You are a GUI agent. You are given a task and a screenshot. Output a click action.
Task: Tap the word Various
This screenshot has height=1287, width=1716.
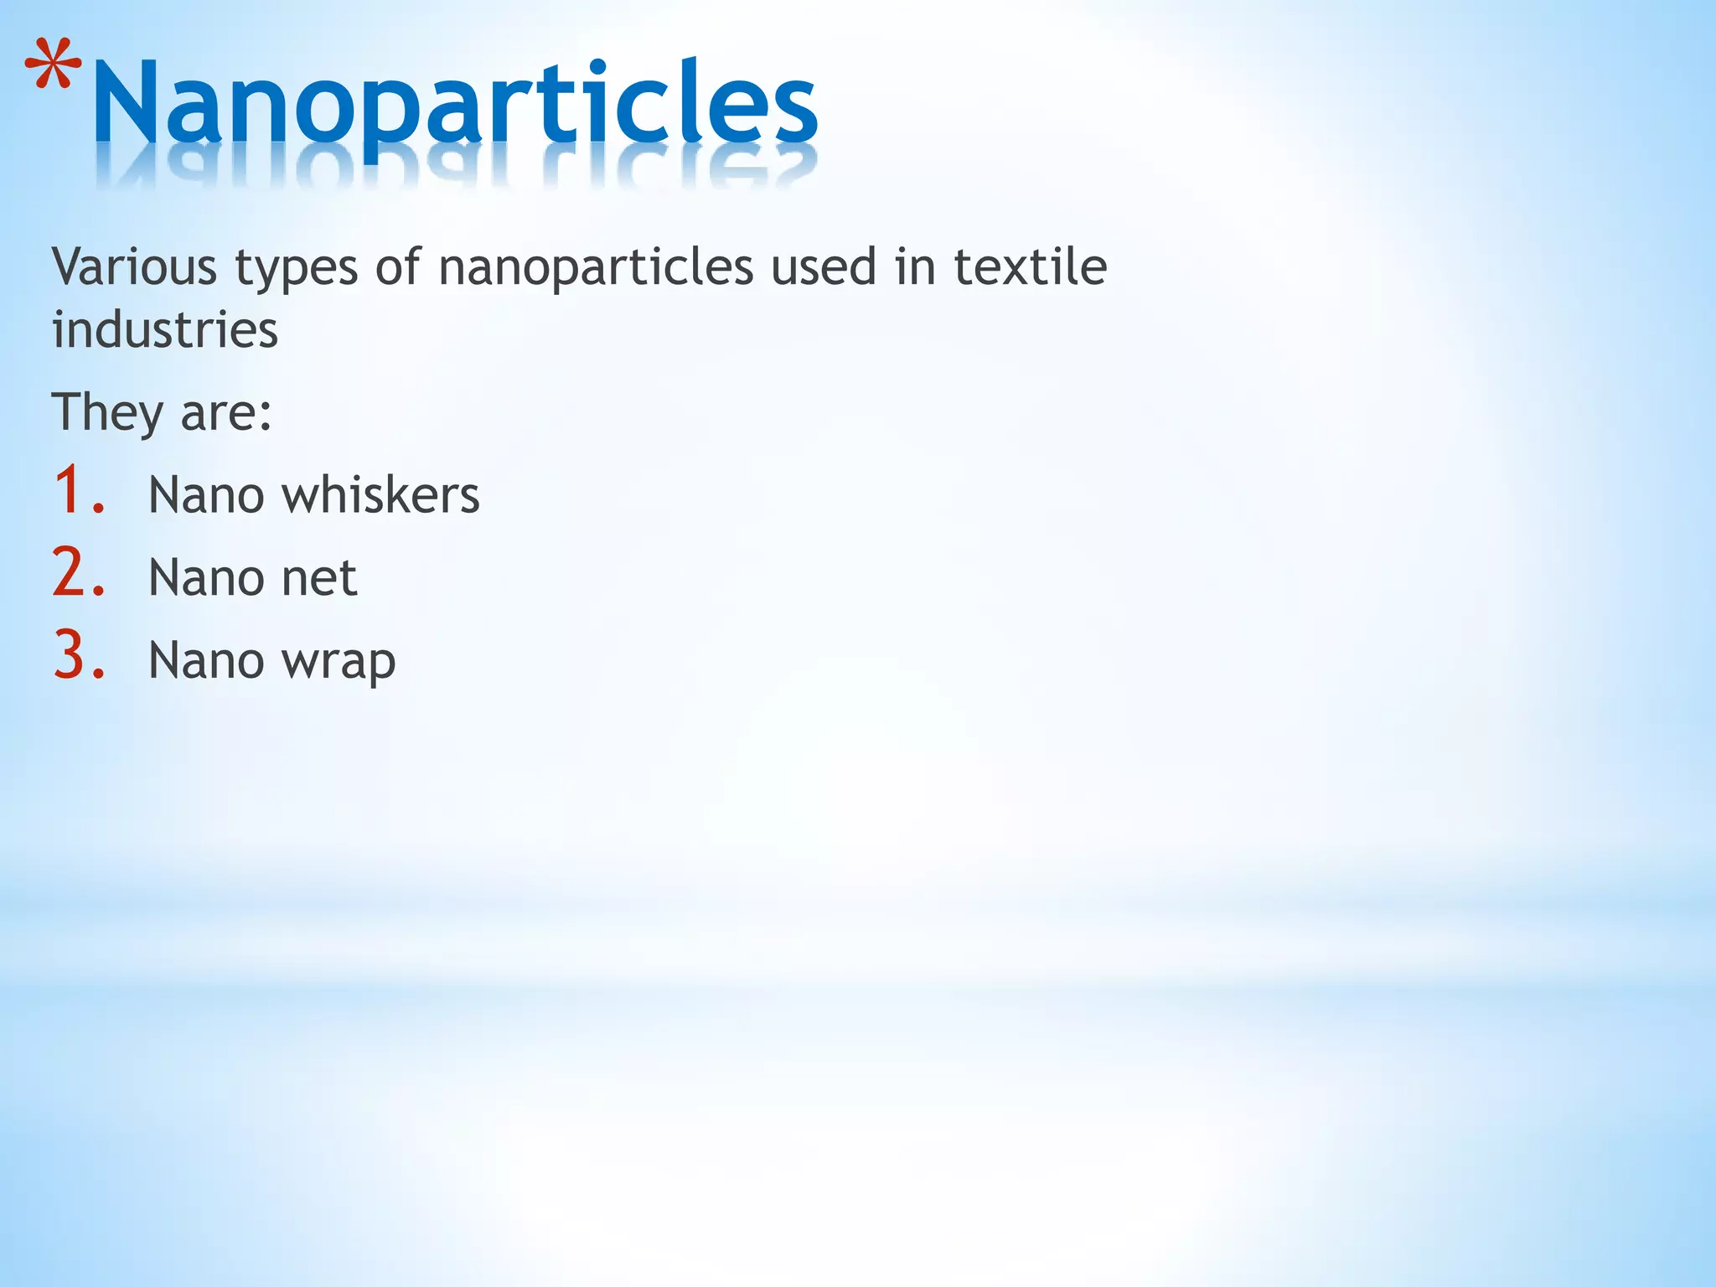tap(134, 267)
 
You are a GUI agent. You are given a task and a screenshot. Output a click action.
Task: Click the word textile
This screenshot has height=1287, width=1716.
tap(1030, 267)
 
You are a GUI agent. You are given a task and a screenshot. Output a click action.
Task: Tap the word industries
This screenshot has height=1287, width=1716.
tap(165, 329)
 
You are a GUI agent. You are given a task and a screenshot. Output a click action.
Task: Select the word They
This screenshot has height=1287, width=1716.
tap(107, 413)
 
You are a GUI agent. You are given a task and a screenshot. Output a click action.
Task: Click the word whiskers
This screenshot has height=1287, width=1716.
tap(380, 494)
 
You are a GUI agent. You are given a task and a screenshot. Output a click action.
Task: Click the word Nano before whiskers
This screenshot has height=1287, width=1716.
tap(206, 494)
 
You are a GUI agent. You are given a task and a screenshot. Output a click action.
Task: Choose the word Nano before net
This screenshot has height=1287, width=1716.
tap(206, 578)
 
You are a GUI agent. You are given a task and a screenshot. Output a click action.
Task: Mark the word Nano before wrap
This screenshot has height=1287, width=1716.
tap(206, 661)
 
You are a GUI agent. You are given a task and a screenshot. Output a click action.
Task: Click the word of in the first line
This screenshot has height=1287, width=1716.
tap(397, 267)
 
